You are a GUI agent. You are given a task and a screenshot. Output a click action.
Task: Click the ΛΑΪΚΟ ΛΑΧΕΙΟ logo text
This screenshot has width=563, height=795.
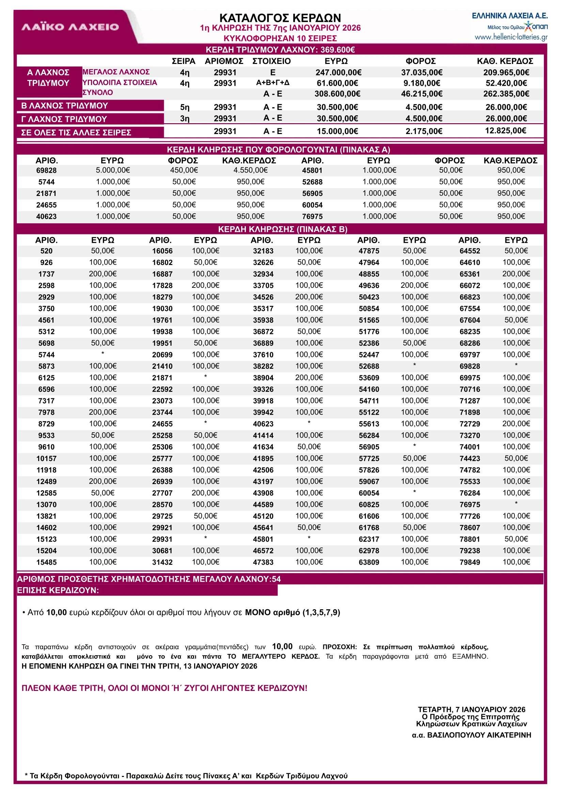[x=70, y=27]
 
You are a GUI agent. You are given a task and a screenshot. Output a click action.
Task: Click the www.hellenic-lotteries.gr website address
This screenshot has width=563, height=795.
[x=511, y=37]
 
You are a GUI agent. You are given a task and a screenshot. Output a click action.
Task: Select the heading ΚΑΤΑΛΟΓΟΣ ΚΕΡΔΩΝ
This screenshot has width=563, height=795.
[x=280, y=18]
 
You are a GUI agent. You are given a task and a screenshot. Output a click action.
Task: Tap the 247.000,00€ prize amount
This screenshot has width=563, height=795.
[x=338, y=72]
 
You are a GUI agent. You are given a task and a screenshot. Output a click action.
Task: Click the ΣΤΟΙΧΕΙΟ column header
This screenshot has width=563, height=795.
[x=271, y=61]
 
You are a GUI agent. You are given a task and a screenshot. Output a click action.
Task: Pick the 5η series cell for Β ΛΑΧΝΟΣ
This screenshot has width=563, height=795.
[x=185, y=107]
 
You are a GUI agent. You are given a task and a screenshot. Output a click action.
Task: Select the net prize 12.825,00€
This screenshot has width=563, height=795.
[x=505, y=131]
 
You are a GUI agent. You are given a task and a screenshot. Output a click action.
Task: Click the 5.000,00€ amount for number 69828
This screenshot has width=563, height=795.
[x=113, y=170]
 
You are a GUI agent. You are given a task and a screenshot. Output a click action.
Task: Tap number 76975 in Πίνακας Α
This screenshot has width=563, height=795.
[x=312, y=216]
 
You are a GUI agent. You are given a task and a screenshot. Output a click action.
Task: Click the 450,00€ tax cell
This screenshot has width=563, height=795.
[x=184, y=170]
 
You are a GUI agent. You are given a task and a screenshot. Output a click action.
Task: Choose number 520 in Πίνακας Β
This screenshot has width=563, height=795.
[x=46, y=251]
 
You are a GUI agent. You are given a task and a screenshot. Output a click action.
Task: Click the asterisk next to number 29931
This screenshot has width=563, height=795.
[x=205, y=538]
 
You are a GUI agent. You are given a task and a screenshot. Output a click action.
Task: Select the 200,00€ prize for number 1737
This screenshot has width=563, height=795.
[x=103, y=274]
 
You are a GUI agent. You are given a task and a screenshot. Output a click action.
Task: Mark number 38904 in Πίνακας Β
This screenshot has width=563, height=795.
[x=263, y=378]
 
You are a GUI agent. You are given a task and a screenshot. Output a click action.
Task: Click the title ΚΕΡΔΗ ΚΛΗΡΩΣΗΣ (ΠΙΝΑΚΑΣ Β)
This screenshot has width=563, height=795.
[x=282, y=229]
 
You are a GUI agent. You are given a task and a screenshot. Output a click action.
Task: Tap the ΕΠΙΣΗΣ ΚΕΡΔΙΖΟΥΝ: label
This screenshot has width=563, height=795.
[x=58, y=590]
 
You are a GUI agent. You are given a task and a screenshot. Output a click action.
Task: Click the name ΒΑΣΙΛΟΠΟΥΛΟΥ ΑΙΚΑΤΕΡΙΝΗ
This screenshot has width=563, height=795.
[x=479, y=735]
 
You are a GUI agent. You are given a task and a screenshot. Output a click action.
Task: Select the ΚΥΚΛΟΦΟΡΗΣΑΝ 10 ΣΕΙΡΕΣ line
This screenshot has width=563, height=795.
[x=280, y=38]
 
